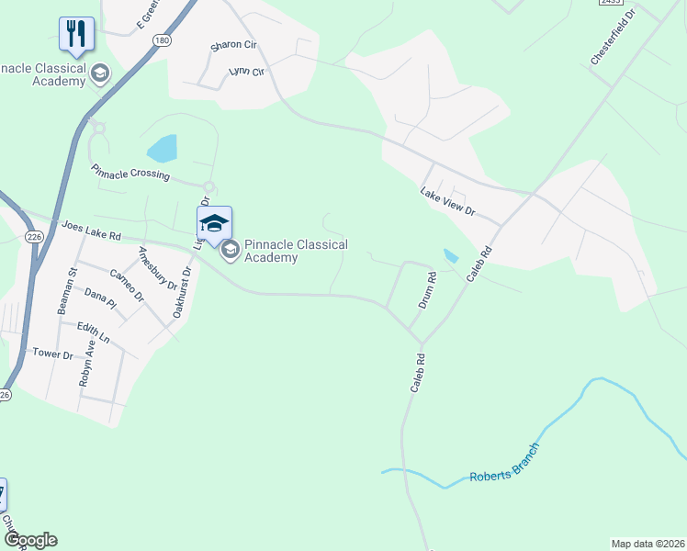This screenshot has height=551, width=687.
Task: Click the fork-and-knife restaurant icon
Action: pos(75,34)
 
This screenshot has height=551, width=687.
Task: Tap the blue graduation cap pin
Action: pos(213,223)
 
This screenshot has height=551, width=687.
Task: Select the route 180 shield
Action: pos(162,41)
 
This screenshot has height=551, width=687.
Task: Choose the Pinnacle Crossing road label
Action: pos(130,173)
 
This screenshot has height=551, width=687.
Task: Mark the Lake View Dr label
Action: pos(447,201)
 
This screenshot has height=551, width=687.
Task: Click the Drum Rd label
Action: pos(426,288)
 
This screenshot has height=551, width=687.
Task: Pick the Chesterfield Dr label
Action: pos(613,38)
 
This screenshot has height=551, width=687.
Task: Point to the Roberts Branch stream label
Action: pos(503,465)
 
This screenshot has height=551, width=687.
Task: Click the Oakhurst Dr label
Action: pos(181,292)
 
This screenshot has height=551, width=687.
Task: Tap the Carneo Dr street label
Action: pos(126,285)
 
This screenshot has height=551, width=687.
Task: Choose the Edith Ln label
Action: pos(93,333)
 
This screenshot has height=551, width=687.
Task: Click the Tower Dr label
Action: pos(51,354)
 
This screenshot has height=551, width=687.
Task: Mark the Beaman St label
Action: pos(65,293)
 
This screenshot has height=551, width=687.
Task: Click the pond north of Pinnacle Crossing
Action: pos(163,148)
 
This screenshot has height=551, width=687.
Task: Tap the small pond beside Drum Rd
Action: pos(450,256)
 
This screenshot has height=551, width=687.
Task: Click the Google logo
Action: pos(30,541)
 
